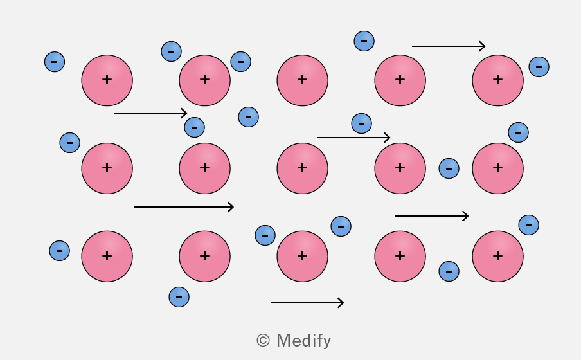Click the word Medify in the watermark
pos(303,341)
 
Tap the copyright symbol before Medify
pos(263,340)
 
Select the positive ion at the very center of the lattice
pos(302,168)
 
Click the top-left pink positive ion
pos(107,80)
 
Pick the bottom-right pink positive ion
pos(497,256)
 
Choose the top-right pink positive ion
pos(497,80)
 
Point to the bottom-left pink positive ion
pos(107,256)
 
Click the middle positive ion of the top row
pos(302,80)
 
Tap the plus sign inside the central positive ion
pos(302,168)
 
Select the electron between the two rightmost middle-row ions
pos(449,168)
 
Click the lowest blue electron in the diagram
pos(179,296)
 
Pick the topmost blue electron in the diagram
pos(364,40)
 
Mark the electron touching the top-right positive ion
pos(539,67)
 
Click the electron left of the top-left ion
pos(55,62)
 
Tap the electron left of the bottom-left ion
pos(59,251)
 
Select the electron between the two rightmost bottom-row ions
pos(449,271)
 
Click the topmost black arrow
pos(449,46)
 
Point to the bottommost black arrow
pos(307,303)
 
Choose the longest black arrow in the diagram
pos(184,207)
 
